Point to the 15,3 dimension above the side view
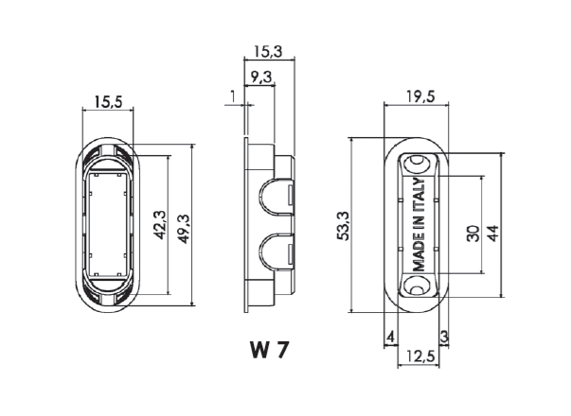click(x=268, y=49)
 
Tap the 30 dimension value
click(x=473, y=234)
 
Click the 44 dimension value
click(x=492, y=234)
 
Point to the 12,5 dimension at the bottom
click(x=417, y=356)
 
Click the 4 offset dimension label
click(x=389, y=337)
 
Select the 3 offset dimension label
click(x=443, y=337)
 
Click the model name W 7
click(x=270, y=350)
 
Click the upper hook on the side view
click(x=276, y=192)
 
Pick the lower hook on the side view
click(x=276, y=251)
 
